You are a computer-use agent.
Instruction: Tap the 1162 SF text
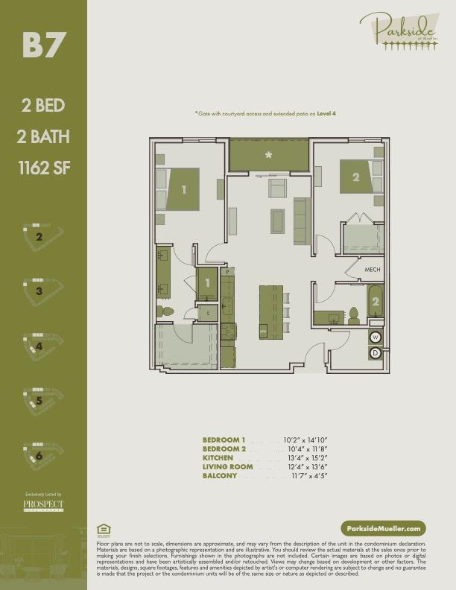click(43, 168)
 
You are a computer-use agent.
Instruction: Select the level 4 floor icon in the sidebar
click(42, 345)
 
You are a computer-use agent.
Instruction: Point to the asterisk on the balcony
click(268, 156)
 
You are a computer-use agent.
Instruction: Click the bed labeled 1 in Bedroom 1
click(183, 188)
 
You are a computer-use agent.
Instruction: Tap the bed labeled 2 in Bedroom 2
click(355, 177)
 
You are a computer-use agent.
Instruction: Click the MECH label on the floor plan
click(373, 270)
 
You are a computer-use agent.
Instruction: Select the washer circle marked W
click(375, 337)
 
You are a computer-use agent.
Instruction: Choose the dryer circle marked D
click(375, 352)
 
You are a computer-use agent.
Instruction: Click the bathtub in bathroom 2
click(375, 302)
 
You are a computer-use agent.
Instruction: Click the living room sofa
click(301, 221)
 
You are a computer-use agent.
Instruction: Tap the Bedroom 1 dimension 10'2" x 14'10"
click(305, 440)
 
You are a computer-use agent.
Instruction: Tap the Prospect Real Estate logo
click(42, 506)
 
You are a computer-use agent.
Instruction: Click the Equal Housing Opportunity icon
click(104, 530)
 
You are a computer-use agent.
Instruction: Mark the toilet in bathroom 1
click(165, 311)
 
